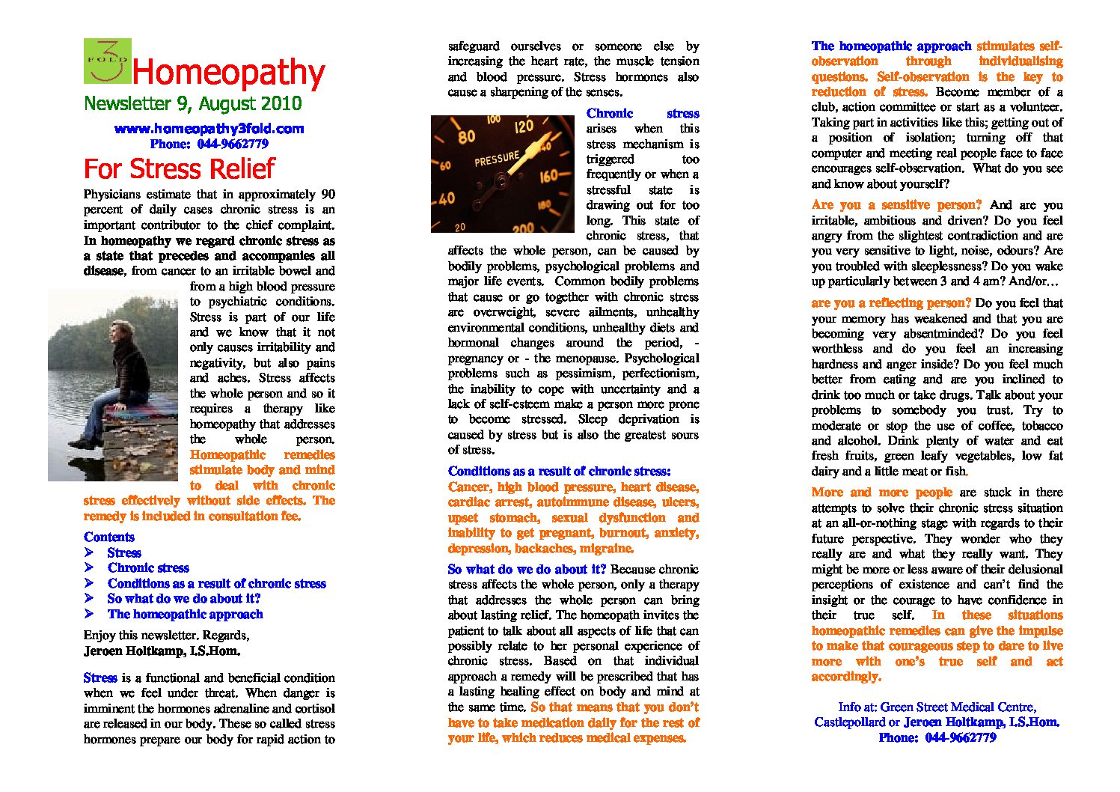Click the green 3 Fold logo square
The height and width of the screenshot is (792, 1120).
[107, 61]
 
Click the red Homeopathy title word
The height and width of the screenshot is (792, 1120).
[228, 73]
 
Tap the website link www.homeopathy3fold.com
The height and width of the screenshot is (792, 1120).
[209, 129]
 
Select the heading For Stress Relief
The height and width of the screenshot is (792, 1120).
[179, 168]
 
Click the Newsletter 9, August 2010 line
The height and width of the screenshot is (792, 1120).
[192, 103]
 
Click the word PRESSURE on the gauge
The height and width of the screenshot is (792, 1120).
[496, 159]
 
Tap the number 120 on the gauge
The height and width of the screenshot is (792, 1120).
[524, 127]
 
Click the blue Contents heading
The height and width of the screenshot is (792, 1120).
[109, 537]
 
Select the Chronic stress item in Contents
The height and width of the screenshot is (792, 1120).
[148, 567]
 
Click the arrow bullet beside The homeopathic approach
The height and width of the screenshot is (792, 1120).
[89, 614]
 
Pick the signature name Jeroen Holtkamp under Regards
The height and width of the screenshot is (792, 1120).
[162, 651]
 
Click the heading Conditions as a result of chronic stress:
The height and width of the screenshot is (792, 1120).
[559, 471]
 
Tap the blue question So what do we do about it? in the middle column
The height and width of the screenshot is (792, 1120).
[527, 569]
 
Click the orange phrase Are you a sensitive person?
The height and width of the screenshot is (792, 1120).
[896, 204]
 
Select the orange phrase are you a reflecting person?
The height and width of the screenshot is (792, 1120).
[891, 302]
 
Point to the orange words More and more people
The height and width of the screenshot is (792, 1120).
[881, 492]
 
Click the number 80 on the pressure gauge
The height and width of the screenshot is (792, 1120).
[466, 137]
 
